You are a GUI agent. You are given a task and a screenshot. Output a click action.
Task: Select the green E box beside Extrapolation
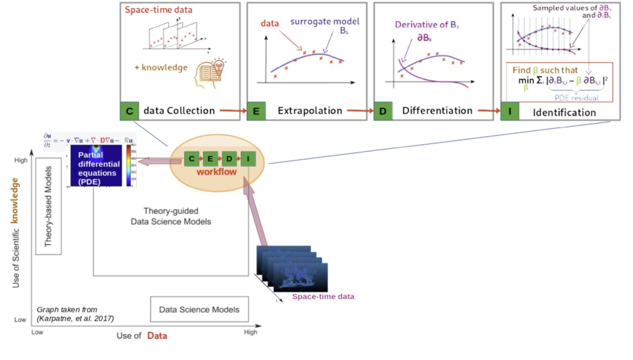click(256, 111)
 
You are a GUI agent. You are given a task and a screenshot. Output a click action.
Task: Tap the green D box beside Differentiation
click(382, 111)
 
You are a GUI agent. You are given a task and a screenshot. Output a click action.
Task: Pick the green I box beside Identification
click(509, 111)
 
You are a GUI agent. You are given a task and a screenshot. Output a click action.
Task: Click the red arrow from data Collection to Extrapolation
click(231, 111)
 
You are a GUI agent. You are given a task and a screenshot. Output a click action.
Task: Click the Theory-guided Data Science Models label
click(170, 216)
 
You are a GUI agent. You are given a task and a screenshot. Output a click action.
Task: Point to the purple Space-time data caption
click(323, 297)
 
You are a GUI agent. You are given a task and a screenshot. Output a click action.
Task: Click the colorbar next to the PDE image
click(128, 164)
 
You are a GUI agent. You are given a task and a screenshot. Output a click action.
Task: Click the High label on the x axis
click(251, 332)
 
